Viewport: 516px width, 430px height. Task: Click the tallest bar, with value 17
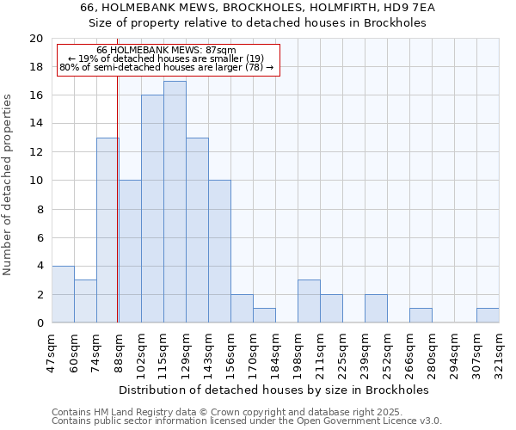[x=175, y=202]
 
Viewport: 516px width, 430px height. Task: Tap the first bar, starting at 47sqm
[x=63, y=294]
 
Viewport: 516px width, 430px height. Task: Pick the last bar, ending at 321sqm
[x=488, y=316]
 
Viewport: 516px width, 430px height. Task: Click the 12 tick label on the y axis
[x=36, y=152]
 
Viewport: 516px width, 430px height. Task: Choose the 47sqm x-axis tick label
[x=52, y=352]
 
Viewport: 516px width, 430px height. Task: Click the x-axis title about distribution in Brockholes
[x=275, y=390]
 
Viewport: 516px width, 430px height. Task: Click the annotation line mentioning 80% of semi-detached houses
[x=167, y=67]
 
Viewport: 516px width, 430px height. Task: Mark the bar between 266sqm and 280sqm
[x=421, y=316]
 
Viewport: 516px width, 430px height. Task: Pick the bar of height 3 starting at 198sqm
[x=309, y=301]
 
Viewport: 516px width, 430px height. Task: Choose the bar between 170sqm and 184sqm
[x=264, y=316]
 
